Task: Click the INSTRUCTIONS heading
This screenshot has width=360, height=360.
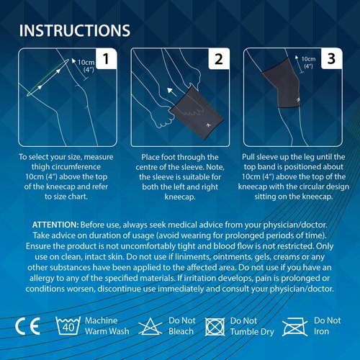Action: click(x=75, y=30)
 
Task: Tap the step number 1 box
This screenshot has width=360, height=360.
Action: click(x=107, y=59)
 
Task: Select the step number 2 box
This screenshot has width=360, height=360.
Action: click(x=219, y=59)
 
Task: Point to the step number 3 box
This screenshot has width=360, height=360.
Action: click(x=331, y=59)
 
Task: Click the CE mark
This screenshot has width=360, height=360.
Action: click(x=27, y=326)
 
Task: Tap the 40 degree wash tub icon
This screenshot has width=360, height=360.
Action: click(x=68, y=325)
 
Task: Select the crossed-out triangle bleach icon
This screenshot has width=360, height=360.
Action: click(x=150, y=326)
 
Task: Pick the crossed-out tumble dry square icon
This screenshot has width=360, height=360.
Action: click(x=215, y=327)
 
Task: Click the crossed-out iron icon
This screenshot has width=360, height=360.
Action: click(x=294, y=327)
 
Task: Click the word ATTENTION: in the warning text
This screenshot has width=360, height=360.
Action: click(x=55, y=225)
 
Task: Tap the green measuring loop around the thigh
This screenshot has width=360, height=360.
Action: click(x=48, y=78)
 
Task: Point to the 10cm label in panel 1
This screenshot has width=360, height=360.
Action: click(x=86, y=63)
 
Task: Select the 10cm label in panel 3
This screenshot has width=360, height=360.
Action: click(x=308, y=59)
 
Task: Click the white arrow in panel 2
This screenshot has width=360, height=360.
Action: click(x=171, y=92)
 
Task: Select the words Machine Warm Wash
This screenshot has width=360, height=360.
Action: click(x=107, y=326)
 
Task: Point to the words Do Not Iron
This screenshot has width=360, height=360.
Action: click(x=328, y=326)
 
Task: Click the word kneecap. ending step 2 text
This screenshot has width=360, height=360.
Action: click(x=180, y=197)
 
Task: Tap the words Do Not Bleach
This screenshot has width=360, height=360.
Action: click(x=182, y=326)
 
